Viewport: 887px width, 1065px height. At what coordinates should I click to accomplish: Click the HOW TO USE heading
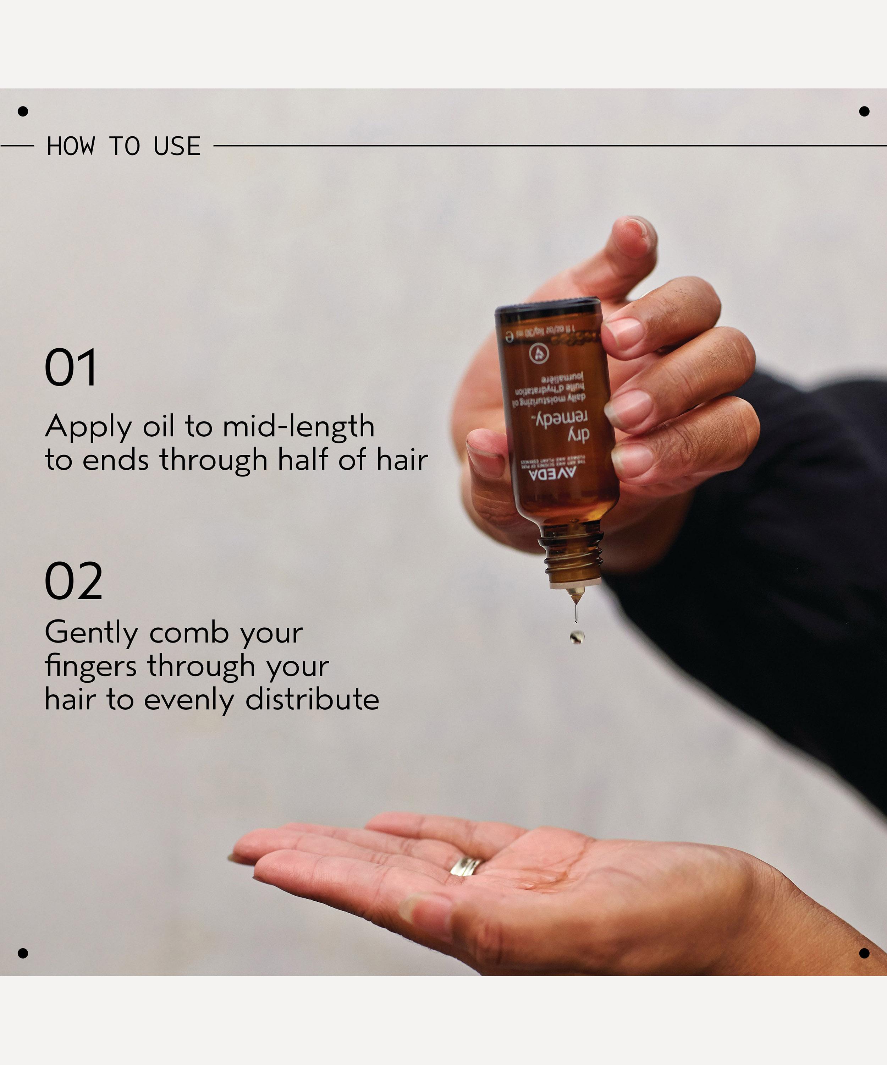click(124, 146)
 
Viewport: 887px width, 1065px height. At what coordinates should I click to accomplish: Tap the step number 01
click(71, 368)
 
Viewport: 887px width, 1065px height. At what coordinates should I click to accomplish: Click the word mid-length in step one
click(298, 426)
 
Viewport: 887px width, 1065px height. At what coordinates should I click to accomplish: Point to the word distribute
click(312, 699)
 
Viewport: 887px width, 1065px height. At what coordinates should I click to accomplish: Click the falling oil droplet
click(577, 637)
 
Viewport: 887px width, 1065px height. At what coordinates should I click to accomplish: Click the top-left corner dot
click(23, 111)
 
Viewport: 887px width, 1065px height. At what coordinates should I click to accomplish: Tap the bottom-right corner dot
click(864, 954)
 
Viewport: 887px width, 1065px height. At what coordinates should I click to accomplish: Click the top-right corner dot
click(864, 111)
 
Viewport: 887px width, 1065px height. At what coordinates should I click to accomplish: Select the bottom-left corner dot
click(23, 954)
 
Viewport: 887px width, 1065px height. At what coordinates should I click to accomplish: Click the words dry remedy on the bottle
click(563, 426)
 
